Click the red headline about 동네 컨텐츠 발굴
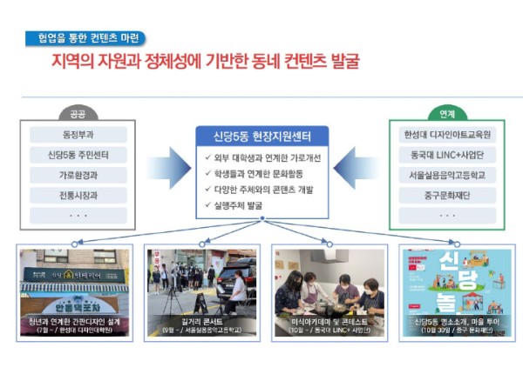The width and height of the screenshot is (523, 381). click(205, 62)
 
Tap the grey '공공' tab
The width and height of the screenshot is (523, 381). click(78, 114)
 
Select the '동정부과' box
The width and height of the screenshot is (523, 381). click(78, 135)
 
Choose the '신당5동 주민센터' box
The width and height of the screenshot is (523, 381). click(78, 155)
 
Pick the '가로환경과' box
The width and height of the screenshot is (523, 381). click(78, 175)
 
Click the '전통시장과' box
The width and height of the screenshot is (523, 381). click(78, 195)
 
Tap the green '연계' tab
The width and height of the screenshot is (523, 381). click(445, 114)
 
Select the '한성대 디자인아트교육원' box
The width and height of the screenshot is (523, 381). click(446, 135)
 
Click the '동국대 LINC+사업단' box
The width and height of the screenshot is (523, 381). click(446, 155)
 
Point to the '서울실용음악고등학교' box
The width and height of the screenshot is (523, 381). click(446, 175)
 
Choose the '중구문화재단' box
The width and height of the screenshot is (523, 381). click(446, 195)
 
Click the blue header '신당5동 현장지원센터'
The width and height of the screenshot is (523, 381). click(261, 137)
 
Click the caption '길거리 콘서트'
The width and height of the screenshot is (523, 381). click(201, 321)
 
